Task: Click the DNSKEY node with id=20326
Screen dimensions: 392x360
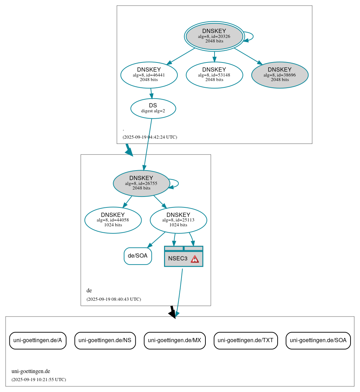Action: point(214,36)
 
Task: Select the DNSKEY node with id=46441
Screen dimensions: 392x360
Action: point(149,75)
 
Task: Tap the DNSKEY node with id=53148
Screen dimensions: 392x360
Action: point(214,75)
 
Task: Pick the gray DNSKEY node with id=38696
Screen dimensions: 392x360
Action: point(280,75)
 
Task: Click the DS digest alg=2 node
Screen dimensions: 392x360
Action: point(153,108)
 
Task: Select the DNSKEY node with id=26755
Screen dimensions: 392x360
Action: point(141,183)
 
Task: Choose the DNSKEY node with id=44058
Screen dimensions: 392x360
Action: point(113,220)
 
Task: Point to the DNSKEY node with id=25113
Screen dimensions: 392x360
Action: point(178,220)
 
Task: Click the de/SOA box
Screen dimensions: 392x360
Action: point(138,256)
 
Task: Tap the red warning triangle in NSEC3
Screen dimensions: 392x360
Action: point(195,259)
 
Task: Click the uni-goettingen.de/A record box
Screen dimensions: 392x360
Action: point(38,340)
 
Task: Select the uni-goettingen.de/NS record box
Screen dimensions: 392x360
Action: point(105,340)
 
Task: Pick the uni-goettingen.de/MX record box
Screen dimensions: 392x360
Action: point(175,340)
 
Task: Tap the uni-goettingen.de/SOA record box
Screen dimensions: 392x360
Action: point(318,340)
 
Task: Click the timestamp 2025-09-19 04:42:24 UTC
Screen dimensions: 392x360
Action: point(150,137)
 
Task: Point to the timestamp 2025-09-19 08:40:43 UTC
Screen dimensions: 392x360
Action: point(114,299)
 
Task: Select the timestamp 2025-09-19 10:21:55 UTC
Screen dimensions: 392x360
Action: point(39,380)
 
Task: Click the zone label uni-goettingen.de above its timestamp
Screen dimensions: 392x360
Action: point(31,371)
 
